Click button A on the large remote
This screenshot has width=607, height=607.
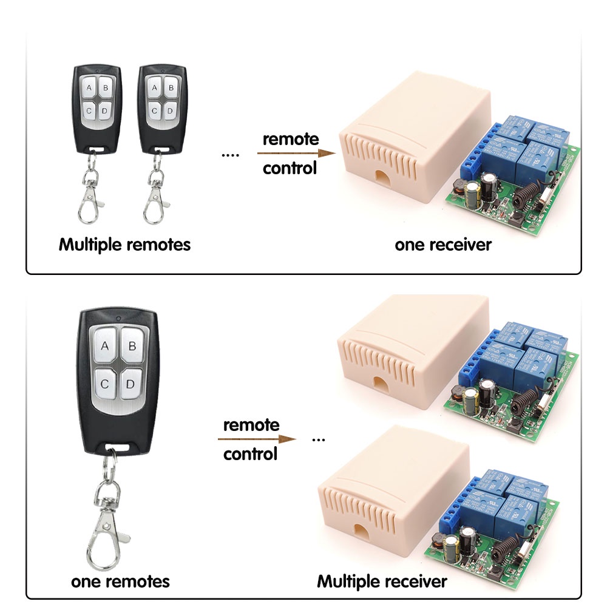(104, 347)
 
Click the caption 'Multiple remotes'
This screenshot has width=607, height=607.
(124, 245)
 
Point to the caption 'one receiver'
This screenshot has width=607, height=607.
(443, 245)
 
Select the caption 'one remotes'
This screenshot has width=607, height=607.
(120, 581)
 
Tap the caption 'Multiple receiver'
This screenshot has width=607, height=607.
(382, 581)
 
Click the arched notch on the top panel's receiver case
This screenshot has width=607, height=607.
(382, 178)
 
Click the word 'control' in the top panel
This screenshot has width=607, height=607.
(290, 168)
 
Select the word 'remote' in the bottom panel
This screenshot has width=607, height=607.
(251, 424)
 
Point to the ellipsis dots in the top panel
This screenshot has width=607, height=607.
(231, 155)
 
